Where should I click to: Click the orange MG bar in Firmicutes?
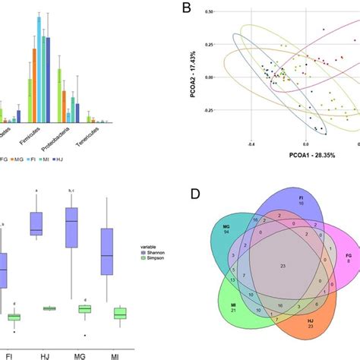coord(33,84)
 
